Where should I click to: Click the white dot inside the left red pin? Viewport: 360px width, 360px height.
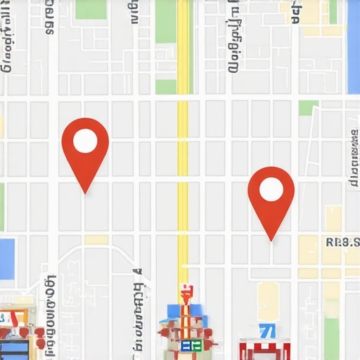pyautogui.click(x=85, y=141)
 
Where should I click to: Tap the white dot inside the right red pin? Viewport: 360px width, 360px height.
pyautogui.click(x=271, y=189)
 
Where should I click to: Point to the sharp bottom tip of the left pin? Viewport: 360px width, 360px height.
pyautogui.click(x=85, y=193)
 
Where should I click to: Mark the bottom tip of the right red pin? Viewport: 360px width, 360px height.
pyautogui.click(x=271, y=241)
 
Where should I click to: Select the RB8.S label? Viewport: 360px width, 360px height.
pyautogui.click(x=342, y=243)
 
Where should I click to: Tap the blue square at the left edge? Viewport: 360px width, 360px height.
pyautogui.click(x=6, y=258)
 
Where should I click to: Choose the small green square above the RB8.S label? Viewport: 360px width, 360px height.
pyautogui.click(x=308, y=108)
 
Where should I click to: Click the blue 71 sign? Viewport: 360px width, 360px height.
pyautogui.click(x=266, y=330)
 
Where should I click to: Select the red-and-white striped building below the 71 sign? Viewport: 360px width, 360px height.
pyautogui.click(x=264, y=349)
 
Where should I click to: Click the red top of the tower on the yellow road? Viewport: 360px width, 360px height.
pyautogui.click(x=186, y=290)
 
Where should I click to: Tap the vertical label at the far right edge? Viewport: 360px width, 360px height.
pyautogui.click(x=353, y=158)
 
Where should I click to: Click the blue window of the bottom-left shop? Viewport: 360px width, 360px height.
pyautogui.click(x=14, y=349)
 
